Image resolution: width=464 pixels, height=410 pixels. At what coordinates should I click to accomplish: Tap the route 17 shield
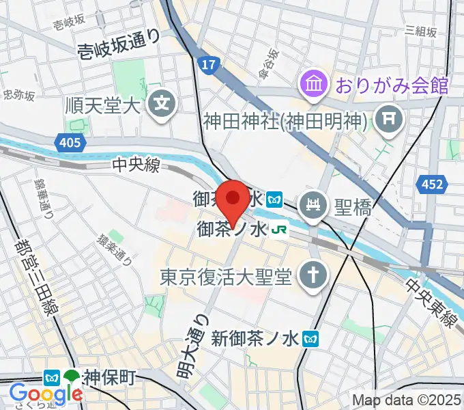click(x=208, y=65)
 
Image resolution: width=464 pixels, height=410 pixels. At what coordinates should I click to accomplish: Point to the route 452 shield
click(x=437, y=184)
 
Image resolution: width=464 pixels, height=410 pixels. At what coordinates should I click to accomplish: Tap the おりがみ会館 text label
click(x=391, y=85)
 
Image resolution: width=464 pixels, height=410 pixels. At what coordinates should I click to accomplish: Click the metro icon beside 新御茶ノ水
click(x=312, y=337)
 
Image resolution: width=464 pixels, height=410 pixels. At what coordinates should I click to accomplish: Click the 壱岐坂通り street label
click(x=119, y=43)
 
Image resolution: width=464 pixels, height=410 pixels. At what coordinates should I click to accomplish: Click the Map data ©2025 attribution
click(x=406, y=400)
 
